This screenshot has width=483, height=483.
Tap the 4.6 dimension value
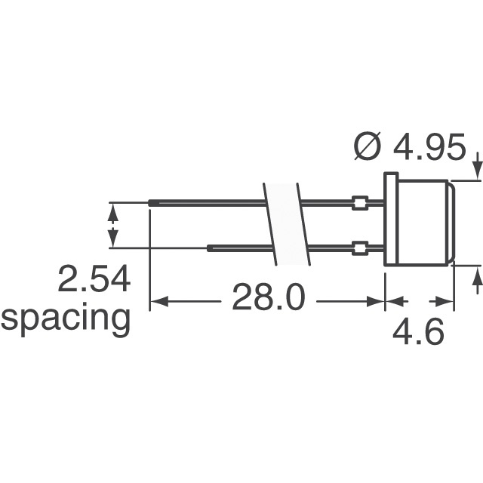[418, 333]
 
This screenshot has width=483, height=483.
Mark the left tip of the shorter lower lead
[209, 248]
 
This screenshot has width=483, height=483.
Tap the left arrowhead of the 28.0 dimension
[157, 302]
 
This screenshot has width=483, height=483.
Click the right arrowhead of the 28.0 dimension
[379, 302]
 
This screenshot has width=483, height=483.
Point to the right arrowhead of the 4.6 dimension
[448, 302]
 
